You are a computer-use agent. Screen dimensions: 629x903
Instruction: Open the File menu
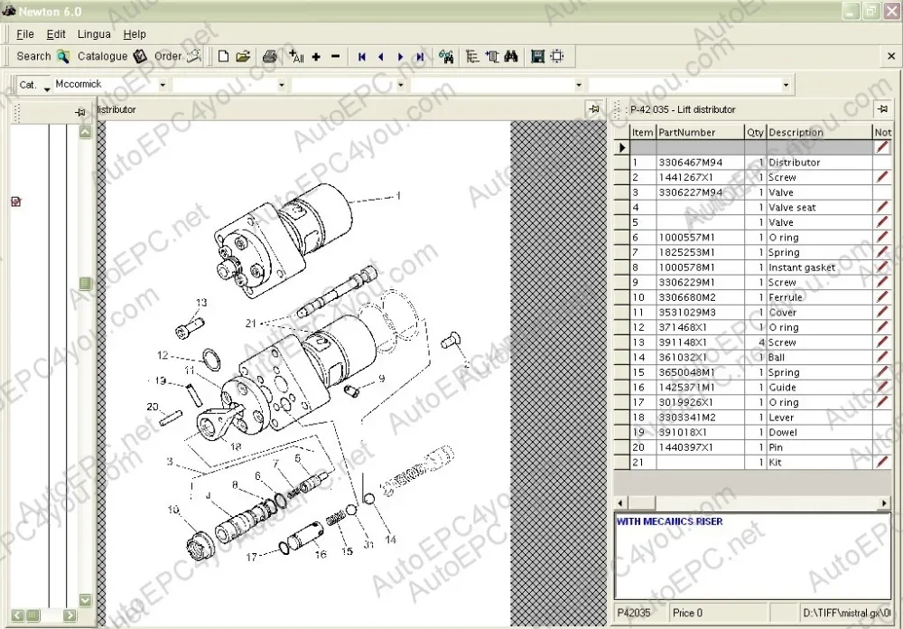[24, 34]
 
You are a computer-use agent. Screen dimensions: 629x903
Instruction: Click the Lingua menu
[94, 34]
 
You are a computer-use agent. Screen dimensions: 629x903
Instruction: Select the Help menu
[135, 34]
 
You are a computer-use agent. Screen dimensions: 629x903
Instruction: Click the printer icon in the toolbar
[269, 56]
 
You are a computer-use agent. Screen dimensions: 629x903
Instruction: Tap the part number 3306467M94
[690, 163]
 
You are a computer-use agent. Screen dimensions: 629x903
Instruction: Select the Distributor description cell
[794, 163]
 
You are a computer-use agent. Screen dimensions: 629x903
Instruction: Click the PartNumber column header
[686, 132]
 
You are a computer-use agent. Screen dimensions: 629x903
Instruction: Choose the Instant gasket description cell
[801, 268]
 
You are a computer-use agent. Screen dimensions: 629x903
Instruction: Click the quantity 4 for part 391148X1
[761, 343]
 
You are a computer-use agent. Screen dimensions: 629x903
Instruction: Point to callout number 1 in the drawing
[397, 195]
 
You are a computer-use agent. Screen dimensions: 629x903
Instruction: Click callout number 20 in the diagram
[153, 407]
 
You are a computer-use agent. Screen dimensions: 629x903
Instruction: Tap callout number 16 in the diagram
[321, 555]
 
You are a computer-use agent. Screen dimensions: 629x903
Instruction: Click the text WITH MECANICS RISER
[669, 521]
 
